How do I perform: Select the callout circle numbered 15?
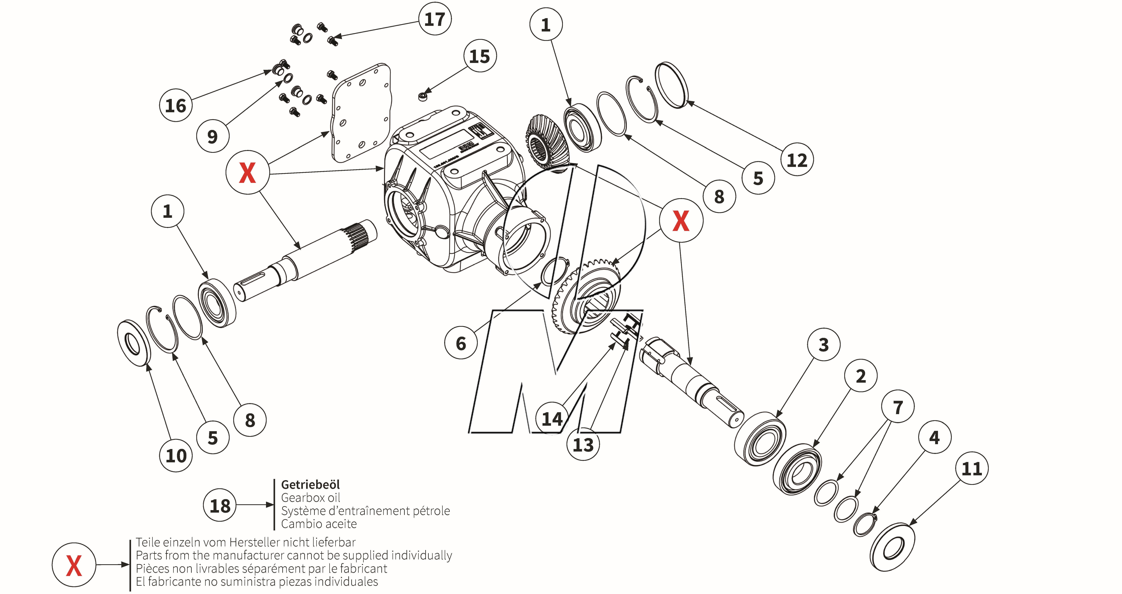pyautogui.click(x=479, y=56)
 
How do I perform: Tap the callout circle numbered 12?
pyautogui.click(x=797, y=160)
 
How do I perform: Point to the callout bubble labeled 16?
pyautogui.click(x=176, y=105)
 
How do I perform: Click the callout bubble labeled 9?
pyautogui.click(x=212, y=136)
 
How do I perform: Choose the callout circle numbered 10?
pyautogui.click(x=176, y=456)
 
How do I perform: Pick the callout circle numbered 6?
pyautogui.click(x=461, y=343)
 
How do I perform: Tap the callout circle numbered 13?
pyautogui.click(x=583, y=445)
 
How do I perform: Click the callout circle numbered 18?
pyautogui.click(x=220, y=505)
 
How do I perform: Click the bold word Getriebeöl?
pyautogui.click(x=310, y=484)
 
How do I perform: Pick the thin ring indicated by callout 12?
pyautogui.click(x=672, y=85)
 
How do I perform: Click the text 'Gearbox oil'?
pyautogui.click(x=310, y=497)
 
